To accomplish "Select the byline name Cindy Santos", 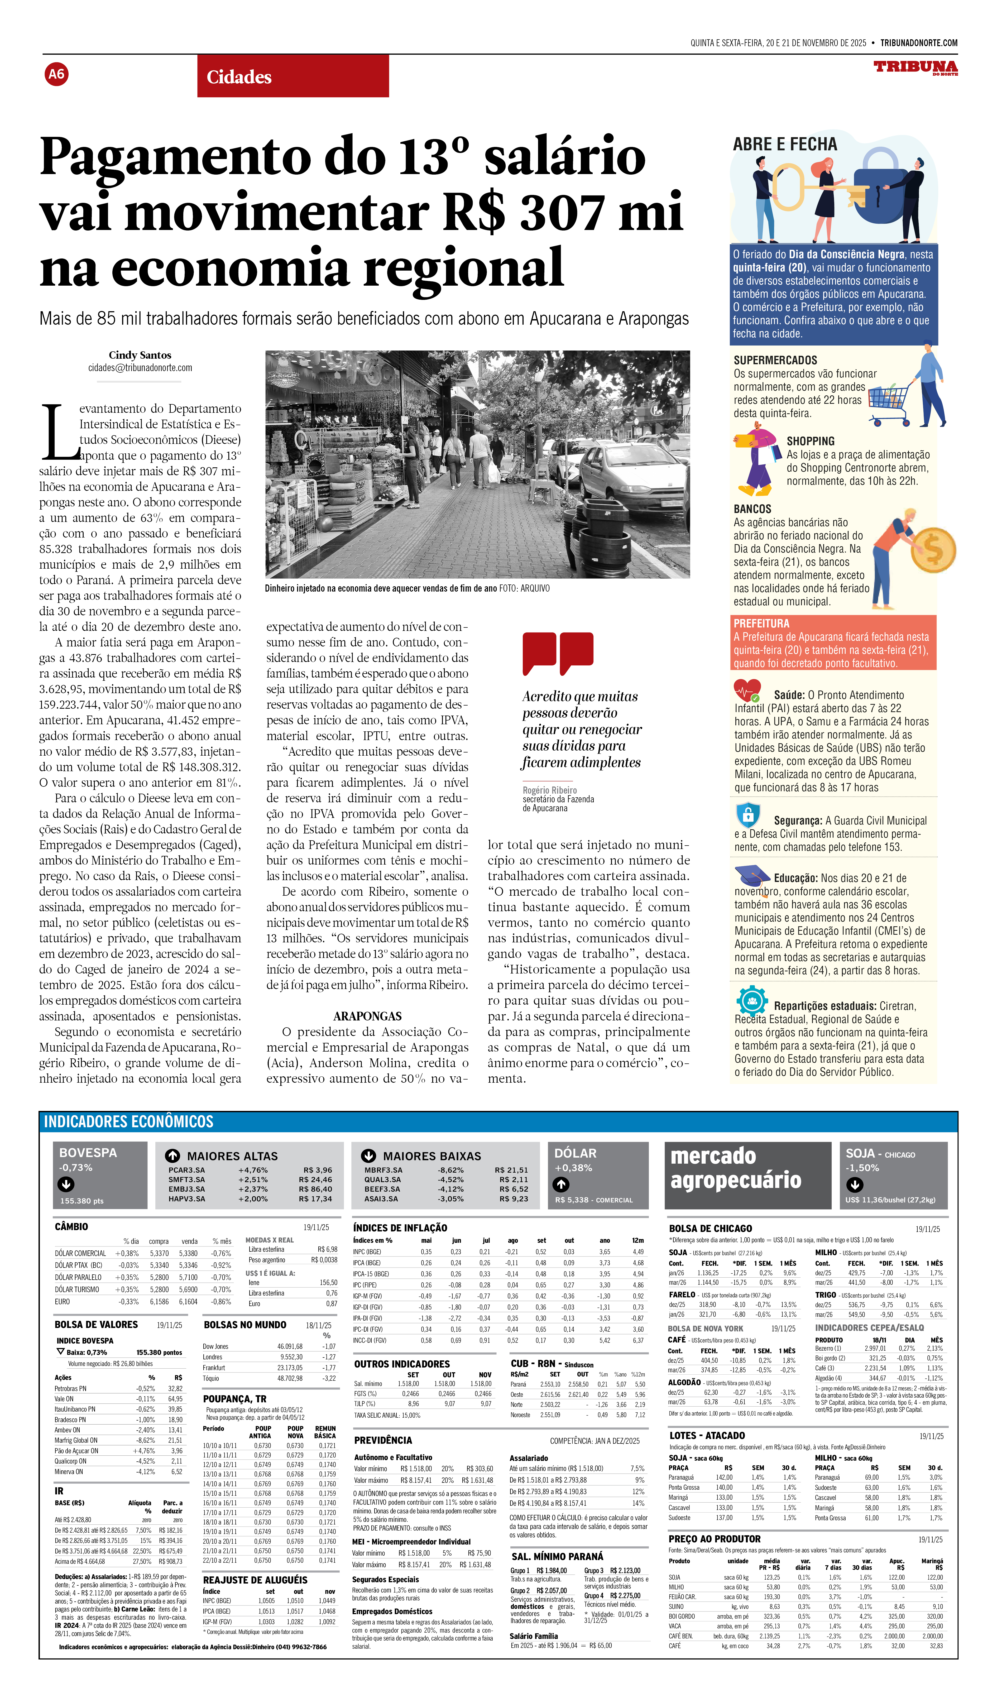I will pos(140,355).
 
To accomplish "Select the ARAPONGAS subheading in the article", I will pos(367,1016).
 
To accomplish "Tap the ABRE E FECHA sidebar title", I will pos(785,144).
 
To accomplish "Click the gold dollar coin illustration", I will pos(934,550).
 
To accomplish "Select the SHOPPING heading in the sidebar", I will pos(811,441).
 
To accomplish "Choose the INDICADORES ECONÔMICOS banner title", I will pos(129,1121).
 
